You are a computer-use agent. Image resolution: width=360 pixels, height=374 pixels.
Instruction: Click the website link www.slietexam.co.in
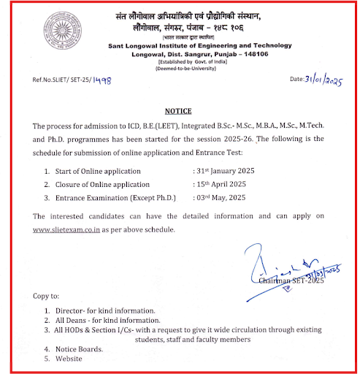tap(70, 231)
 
